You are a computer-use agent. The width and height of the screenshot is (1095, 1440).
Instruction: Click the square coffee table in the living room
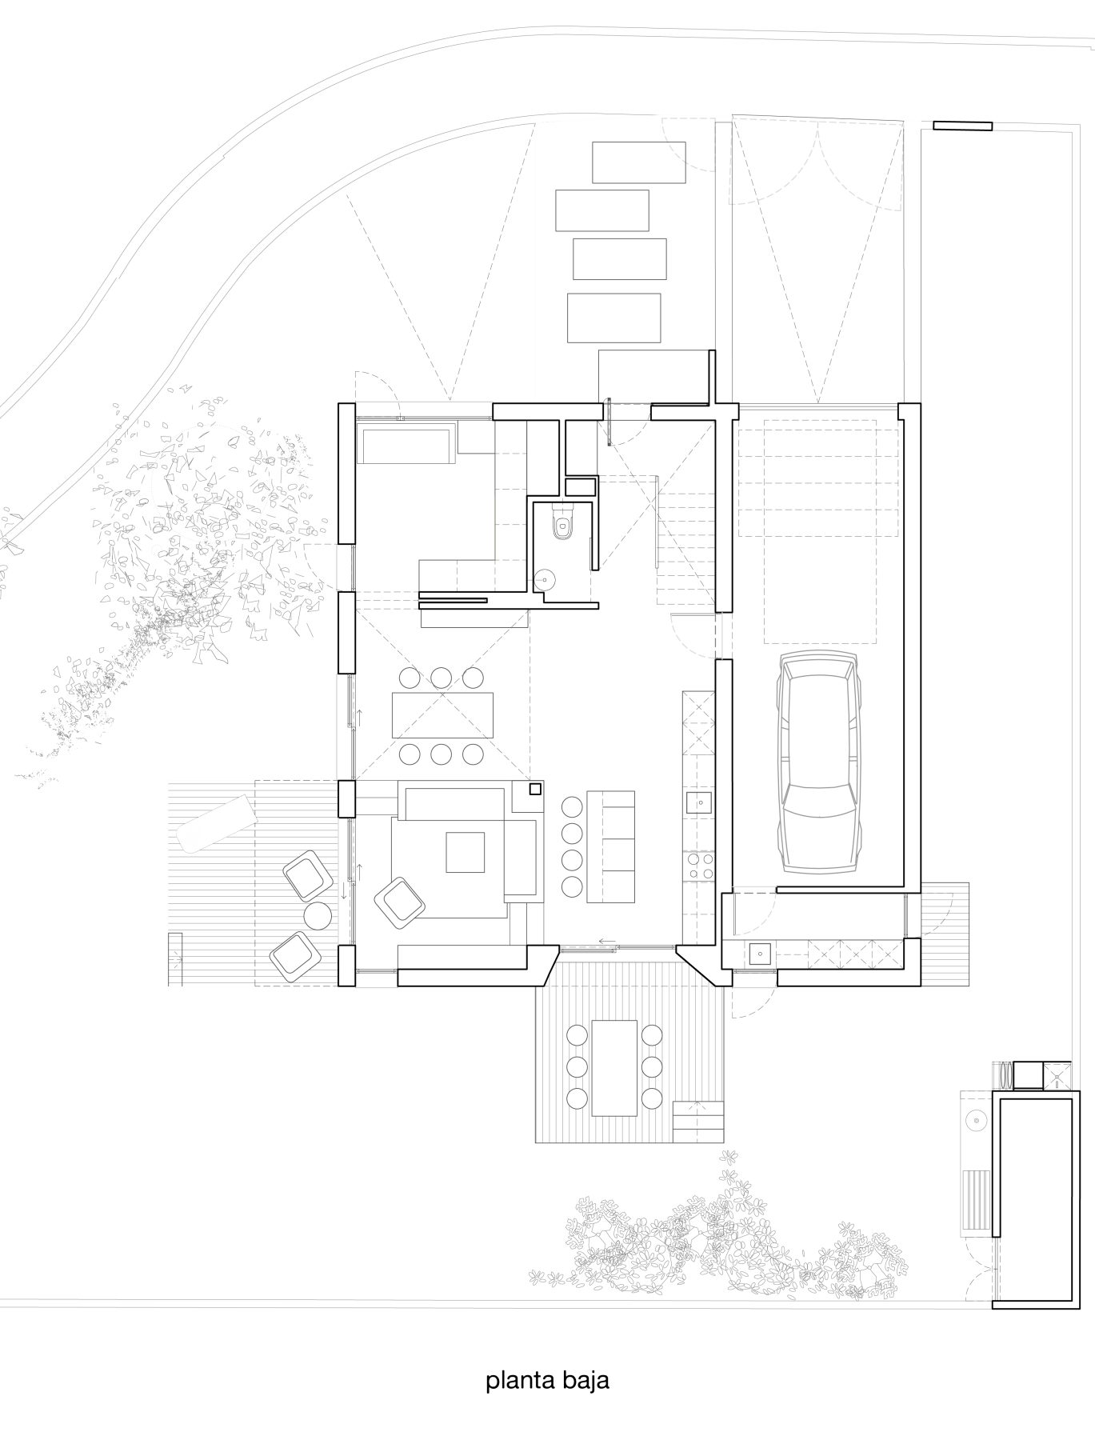click(466, 852)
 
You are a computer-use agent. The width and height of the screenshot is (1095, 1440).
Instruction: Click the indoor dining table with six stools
click(443, 715)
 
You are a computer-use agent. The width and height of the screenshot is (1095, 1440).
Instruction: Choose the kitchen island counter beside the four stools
click(611, 847)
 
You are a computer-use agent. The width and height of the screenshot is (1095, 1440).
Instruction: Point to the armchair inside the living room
click(400, 901)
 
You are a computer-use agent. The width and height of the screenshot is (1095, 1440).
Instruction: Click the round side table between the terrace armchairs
click(318, 915)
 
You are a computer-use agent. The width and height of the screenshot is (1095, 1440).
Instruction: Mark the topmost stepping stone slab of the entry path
click(639, 162)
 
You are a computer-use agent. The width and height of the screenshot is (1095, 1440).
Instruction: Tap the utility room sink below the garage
click(760, 954)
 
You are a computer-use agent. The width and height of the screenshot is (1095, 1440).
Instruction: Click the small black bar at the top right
click(962, 126)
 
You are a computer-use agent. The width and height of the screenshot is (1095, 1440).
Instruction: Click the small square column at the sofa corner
click(535, 789)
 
